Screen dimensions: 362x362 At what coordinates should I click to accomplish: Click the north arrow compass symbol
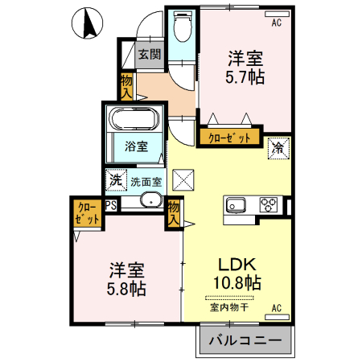88,25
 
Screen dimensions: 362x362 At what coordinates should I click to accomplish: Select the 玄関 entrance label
149,56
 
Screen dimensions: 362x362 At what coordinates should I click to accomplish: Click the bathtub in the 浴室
134,120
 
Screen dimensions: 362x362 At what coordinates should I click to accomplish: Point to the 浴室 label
135,146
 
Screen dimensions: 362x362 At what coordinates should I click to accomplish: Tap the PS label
112,205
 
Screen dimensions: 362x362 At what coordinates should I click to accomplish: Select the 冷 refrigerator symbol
278,147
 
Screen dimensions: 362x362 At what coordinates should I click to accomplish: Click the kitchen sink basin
237,204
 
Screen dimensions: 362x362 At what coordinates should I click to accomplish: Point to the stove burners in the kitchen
269,205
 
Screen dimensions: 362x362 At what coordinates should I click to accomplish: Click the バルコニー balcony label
245,341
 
